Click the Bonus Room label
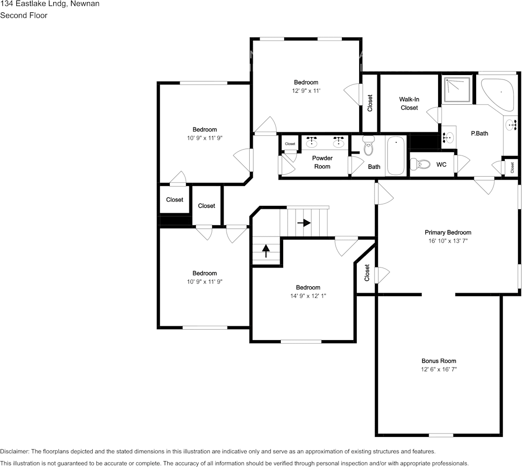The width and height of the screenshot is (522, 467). [439, 361]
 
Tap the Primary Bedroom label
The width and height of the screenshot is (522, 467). [447, 233]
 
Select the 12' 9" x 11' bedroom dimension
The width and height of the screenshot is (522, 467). [306, 91]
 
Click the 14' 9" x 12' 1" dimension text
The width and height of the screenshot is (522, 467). [308, 296]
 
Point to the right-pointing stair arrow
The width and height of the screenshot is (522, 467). [304, 223]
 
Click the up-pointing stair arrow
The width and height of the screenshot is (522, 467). [266, 251]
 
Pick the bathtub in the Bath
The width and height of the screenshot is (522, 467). [396, 156]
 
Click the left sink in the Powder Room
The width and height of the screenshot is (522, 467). [312, 143]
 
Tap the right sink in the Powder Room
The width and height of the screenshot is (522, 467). [338, 143]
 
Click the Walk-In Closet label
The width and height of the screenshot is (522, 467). [409, 104]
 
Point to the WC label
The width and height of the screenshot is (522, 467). [441, 164]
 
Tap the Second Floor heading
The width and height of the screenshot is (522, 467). [24, 15]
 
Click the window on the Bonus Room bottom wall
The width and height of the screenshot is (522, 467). [441, 435]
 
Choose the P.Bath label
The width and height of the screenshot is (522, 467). [479, 133]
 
